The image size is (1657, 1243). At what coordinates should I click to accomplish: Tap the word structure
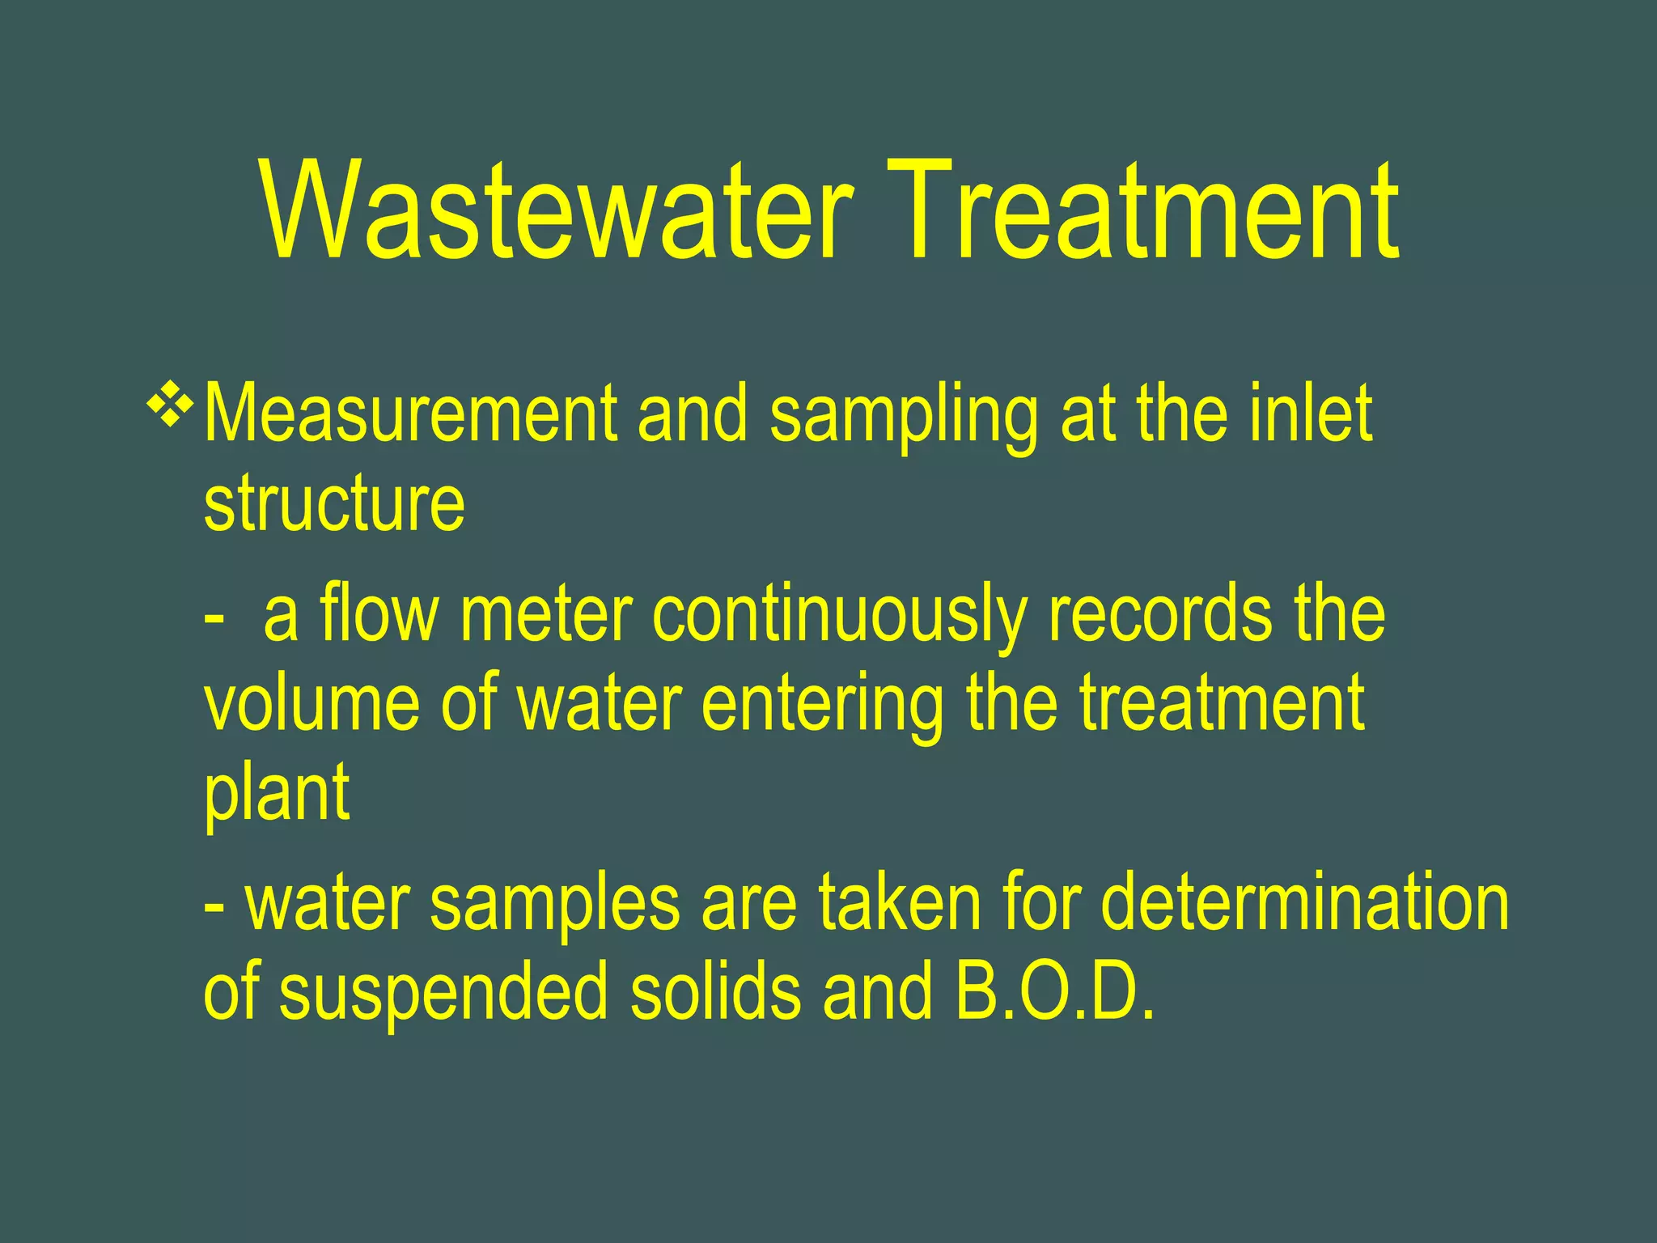pos(334,503)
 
